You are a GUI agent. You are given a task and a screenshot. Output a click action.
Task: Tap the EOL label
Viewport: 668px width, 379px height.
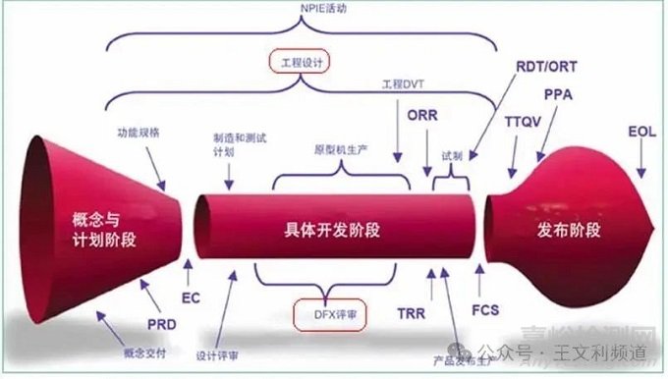click(x=641, y=131)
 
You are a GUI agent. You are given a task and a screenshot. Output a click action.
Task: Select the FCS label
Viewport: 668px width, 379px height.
click(x=485, y=311)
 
